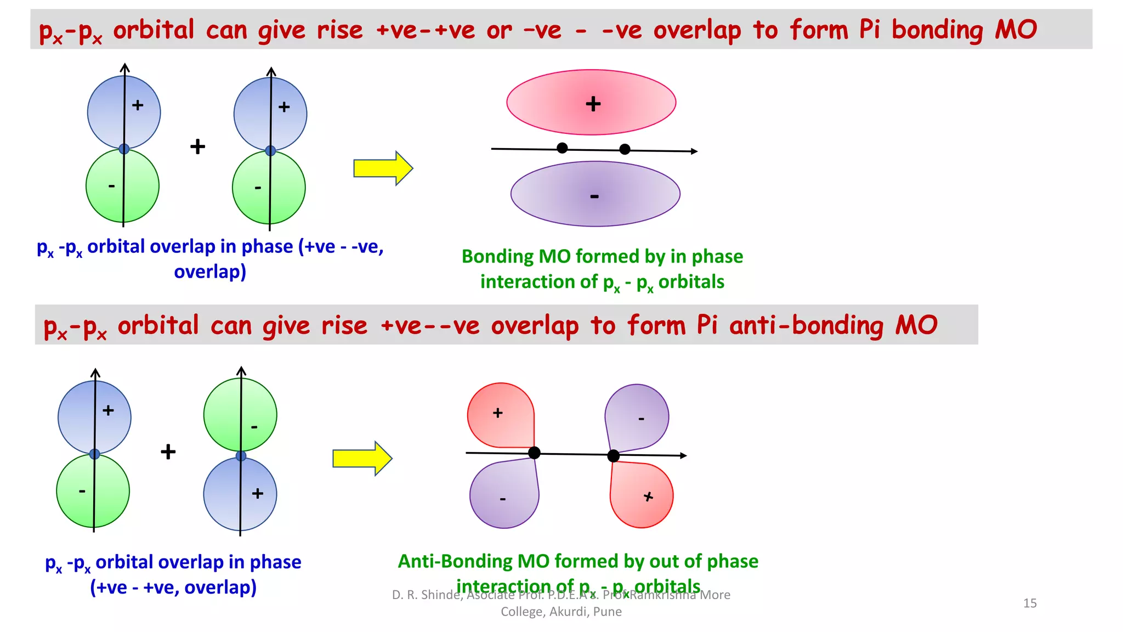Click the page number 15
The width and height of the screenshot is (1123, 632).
click(1030, 603)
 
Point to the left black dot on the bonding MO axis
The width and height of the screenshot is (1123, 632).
click(562, 148)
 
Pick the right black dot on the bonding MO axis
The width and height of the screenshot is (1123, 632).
click(625, 149)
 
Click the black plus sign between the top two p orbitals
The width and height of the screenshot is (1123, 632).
click(197, 146)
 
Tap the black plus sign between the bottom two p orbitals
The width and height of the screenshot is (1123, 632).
click(168, 452)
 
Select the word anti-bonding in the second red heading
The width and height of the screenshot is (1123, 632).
click(806, 325)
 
